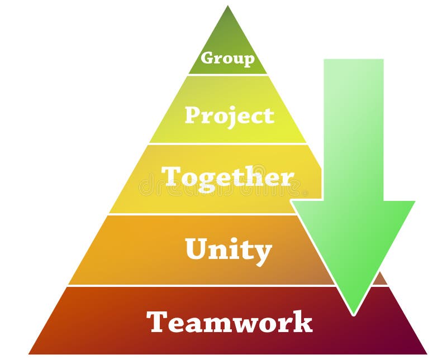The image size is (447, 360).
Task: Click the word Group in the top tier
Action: point(227,58)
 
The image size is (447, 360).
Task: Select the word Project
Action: point(229,116)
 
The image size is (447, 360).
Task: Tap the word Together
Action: point(227,177)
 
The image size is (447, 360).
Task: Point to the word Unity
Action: point(228,251)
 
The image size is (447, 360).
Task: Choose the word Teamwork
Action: point(229,322)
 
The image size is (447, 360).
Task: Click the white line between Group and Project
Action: point(227,74)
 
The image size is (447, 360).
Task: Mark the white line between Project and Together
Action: point(227,143)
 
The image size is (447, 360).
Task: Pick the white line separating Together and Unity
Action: point(201,214)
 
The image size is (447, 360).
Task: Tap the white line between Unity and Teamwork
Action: point(201,285)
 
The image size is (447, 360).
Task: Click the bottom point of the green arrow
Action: point(353,314)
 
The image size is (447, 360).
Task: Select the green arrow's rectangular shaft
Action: point(353,128)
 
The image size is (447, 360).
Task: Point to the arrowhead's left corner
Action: point(292,201)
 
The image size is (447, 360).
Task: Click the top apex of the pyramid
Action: point(227,7)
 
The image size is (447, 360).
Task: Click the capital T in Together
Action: point(170,177)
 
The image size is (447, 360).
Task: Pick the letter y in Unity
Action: point(263,253)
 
